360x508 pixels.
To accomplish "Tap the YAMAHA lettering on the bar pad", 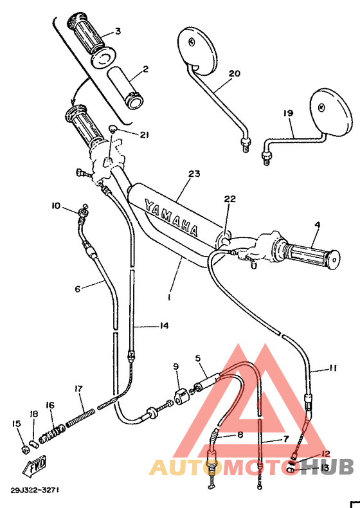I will click(x=171, y=217).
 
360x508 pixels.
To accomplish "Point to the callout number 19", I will click(x=288, y=113).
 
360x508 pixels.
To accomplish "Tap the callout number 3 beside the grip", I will click(x=117, y=31).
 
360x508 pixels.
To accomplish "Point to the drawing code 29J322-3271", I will click(x=35, y=489).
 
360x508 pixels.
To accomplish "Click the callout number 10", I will click(x=55, y=206).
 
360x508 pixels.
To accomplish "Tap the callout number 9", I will click(x=175, y=367).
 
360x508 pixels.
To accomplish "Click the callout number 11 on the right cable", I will click(x=332, y=368).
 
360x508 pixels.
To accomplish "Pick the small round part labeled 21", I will click(x=113, y=130).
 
